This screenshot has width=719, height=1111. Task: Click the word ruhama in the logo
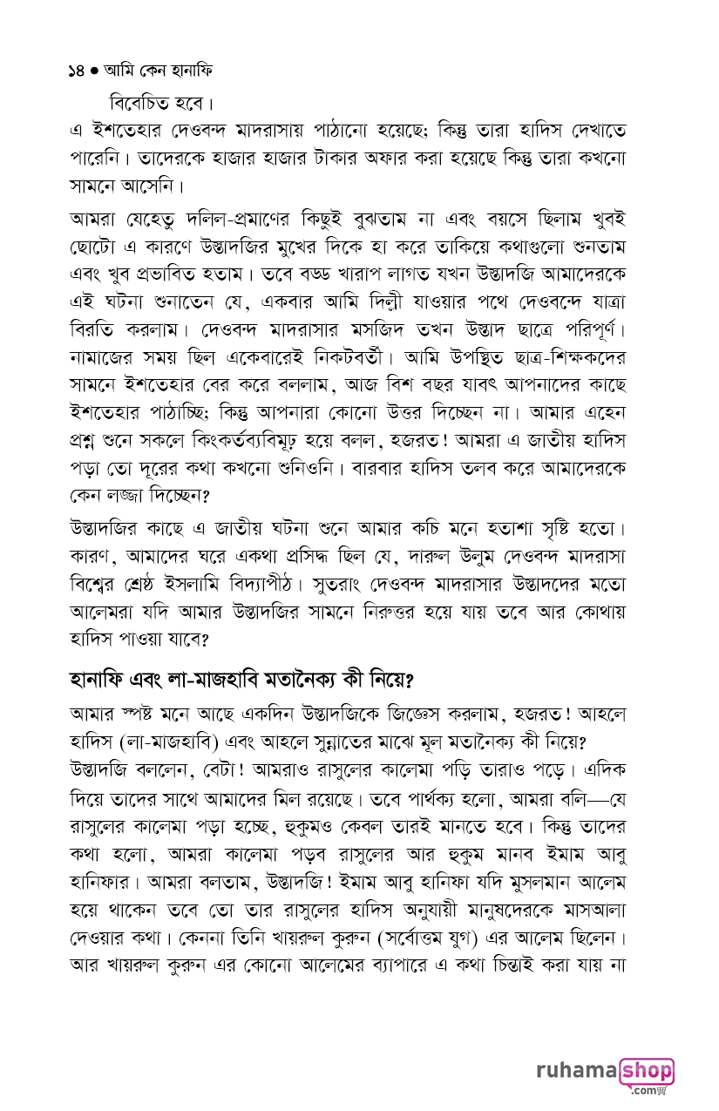[575, 1073]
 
